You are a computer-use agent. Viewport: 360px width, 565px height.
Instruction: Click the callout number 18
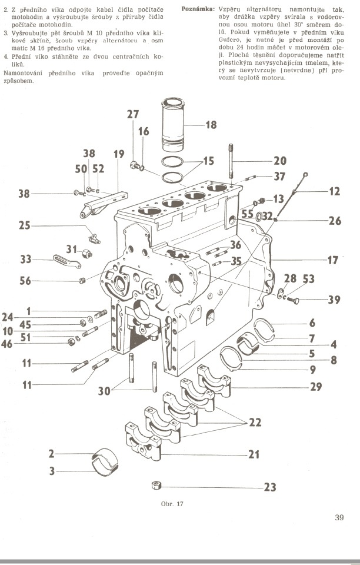tap(210, 125)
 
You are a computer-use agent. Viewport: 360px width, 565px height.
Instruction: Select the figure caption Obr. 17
tap(172, 504)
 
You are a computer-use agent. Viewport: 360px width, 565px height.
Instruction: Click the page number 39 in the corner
tap(339, 518)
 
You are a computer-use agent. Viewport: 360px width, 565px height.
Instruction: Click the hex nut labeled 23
tap(156, 486)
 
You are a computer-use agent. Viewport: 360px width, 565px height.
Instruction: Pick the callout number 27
tap(133, 115)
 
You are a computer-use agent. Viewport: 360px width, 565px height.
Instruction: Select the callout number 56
tap(26, 281)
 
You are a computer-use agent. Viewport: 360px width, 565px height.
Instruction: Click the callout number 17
tap(334, 259)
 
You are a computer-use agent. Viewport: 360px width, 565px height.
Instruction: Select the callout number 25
tap(24, 225)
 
